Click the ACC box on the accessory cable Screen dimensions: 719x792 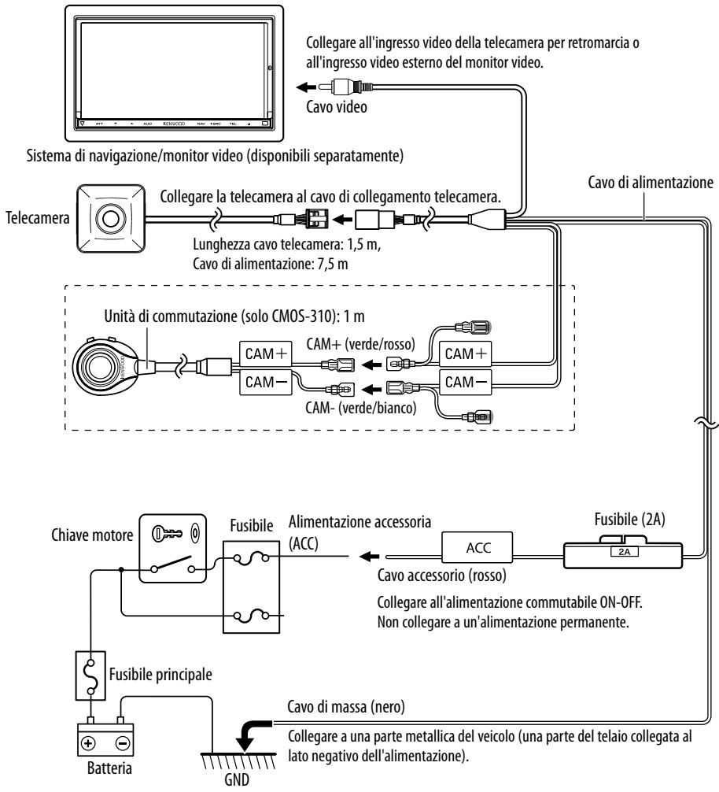pos(477,547)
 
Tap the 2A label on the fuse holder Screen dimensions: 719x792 pos(624,552)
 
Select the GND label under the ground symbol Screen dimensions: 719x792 pos(237,779)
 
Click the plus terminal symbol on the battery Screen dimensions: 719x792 pos(88,743)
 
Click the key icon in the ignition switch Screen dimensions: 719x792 pos(167,533)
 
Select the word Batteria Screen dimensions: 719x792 pos(109,768)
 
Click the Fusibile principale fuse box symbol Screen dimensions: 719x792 pos(90,675)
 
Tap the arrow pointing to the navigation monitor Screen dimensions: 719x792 pos(306,87)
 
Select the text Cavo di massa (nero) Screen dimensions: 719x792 pos(346,707)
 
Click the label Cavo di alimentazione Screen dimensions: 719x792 pos(651,183)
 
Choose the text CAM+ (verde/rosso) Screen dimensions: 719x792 pos(361,344)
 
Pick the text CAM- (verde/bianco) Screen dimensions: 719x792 pos(361,408)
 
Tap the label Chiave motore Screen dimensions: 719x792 pos(92,535)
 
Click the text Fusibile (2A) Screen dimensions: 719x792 pos(629,520)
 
